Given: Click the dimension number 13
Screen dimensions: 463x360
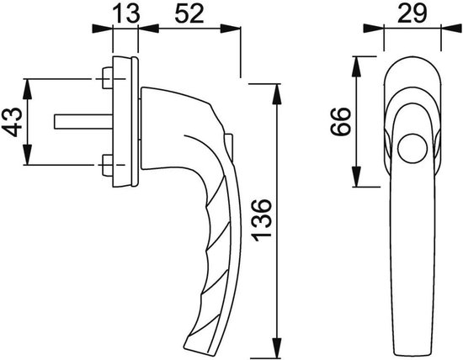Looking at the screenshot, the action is pos(126,13).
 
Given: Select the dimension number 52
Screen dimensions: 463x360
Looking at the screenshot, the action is pos(189,13).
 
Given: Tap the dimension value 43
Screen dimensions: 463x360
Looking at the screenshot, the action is pos(12,122).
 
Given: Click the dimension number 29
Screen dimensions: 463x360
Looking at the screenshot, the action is pos(412,13).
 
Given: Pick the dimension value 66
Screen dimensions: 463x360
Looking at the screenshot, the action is pos(340,122).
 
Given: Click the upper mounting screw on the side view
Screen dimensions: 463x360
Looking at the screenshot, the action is pos(107,78).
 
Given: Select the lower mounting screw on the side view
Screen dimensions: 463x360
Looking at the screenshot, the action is pos(107,165).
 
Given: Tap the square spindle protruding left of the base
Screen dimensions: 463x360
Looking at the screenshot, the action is pos(83,122).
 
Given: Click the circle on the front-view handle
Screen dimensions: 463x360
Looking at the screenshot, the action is pos(412,148).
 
